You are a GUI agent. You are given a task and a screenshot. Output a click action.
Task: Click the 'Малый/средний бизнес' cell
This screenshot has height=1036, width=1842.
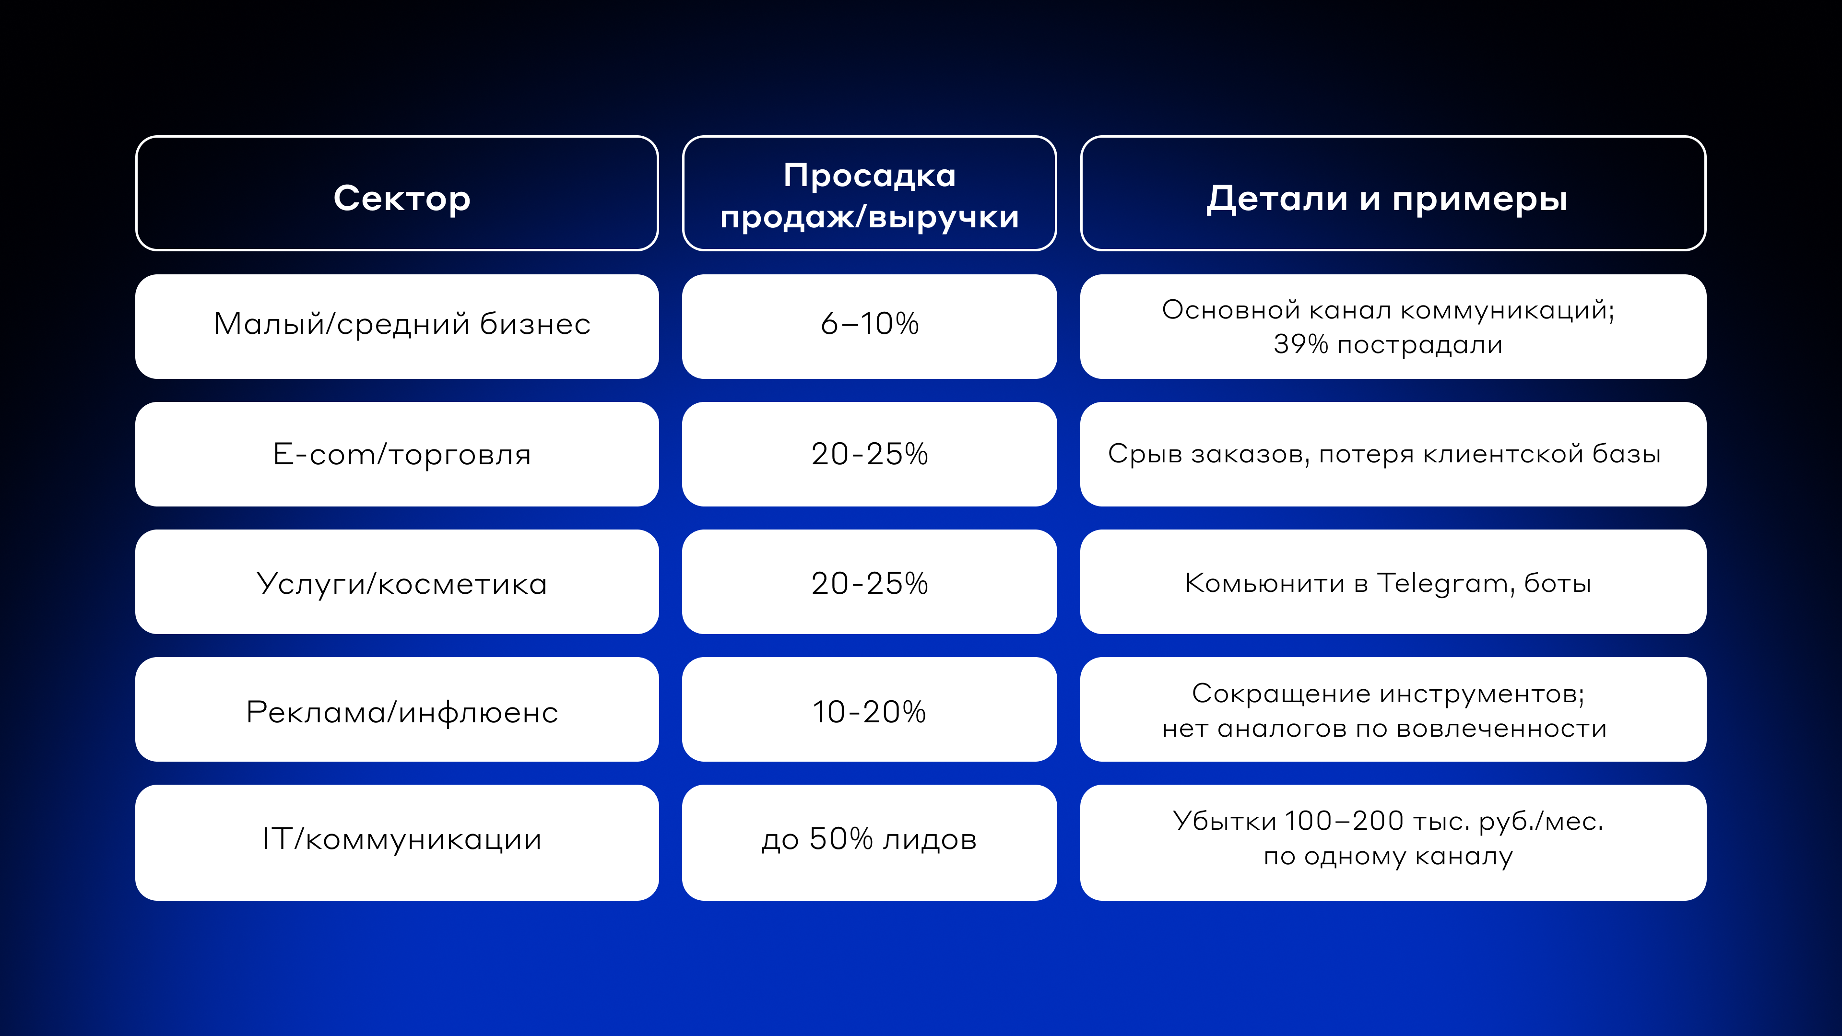397,327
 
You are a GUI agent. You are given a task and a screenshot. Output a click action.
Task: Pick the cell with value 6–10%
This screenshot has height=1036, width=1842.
870,327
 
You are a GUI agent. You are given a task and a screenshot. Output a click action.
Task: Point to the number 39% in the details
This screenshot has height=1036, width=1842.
1301,345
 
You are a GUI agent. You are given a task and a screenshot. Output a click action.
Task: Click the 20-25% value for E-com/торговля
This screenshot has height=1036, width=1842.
870,454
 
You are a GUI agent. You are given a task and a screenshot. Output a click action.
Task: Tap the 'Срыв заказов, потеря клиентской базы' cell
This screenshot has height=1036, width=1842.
1393,454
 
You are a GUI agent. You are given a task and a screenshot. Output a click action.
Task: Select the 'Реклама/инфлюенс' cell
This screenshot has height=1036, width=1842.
397,709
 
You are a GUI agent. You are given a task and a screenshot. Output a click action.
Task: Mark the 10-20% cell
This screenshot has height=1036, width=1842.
870,709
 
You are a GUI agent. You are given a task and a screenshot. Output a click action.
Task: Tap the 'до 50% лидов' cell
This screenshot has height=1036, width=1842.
870,842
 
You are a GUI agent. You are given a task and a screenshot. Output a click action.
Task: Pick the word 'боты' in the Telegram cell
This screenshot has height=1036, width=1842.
1558,583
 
